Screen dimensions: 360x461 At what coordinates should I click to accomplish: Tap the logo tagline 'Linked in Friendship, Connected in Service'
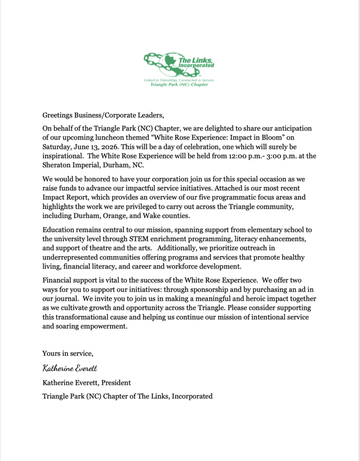pyautogui.click(x=179, y=80)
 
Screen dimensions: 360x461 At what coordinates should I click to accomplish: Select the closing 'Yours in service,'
pyautogui.click(x=67, y=353)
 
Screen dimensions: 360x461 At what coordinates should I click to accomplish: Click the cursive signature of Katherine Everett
pyautogui.click(x=70, y=368)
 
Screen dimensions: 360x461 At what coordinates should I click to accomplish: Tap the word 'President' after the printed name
pyautogui.click(x=116, y=383)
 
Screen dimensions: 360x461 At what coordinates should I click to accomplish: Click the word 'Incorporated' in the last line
pyautogui.click(x=191, y=396)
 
